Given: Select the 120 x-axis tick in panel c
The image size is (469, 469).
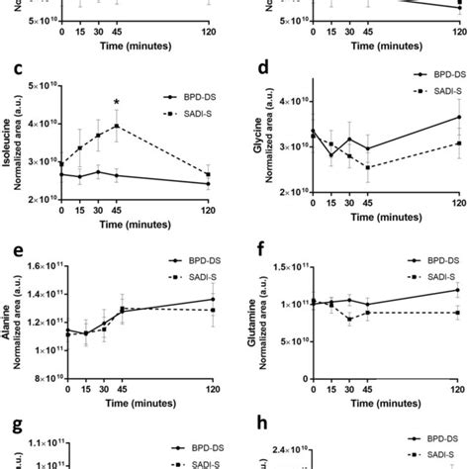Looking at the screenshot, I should click(208, 211).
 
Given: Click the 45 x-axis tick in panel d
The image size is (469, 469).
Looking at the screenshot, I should click(368, 212).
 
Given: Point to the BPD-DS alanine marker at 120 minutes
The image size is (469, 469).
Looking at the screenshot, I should click(208, 354).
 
